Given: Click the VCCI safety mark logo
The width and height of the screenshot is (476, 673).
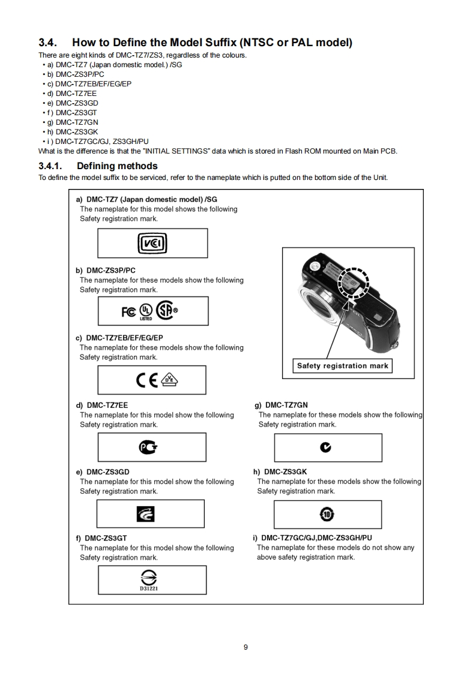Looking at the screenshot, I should click(152, 244).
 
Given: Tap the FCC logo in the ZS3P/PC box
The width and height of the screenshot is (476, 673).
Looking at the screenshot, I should click(129, 311).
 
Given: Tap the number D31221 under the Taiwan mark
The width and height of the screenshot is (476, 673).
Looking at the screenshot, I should click(152, 588).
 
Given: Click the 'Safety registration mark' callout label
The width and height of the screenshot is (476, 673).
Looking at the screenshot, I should click(343, 366).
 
